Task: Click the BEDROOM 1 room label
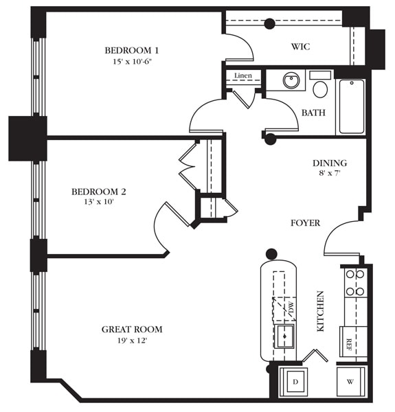pyautogui.click(x=132, y=50)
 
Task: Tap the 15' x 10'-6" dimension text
pyautogui.click(x=132, y=61)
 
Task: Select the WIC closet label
pyautogui.click(x=300, y=47)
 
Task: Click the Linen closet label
pyautogui.click(x=242, y=76)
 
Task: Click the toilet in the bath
pyautogui.click(x=320, y=87)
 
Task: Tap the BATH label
pyautogui.click(x=313, y=113)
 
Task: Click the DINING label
pyautogui.click(x=330, y=163)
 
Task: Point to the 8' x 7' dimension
pyautogui.click(x=330, y=174)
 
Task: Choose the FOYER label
pyautogui.click(x=306, y=223)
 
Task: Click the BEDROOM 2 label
pyautogui.click(x=99, y=192)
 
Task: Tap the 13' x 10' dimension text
pyautogui.click(x=99, y=203)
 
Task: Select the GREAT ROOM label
pyautogui.click(x=132, y=330)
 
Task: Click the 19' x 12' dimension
pyautogui.click(x=132, y=341)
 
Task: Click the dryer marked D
pyautogui.click(x=295, y=382)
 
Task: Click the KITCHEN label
pyautogui.click(x=320, y=312)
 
